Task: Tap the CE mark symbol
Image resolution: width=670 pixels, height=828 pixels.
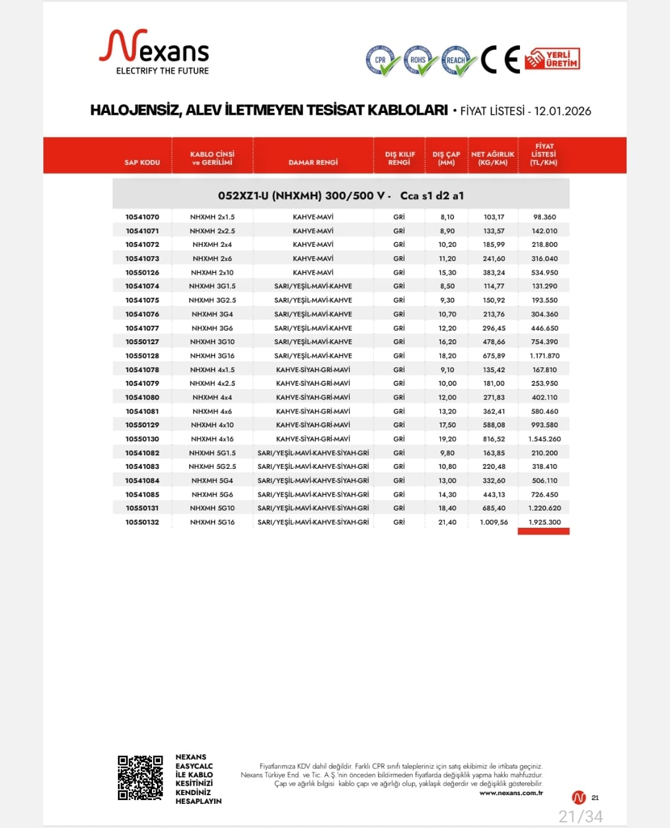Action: pos(500,60)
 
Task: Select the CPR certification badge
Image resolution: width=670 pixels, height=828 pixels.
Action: pos(382,61)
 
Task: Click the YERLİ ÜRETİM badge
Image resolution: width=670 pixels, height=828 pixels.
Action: pos(553,60)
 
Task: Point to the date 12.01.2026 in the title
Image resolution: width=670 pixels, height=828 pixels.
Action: pos(562,111)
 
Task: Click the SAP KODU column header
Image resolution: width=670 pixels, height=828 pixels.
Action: pos(142,162)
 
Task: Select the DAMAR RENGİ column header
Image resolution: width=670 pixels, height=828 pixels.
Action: pos(313,162)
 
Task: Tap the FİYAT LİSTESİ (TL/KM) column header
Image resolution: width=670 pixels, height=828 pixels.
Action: pos(543,154)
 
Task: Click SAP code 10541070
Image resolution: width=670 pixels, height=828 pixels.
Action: pos(142,217)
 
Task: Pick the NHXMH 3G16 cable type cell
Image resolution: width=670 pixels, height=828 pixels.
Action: pos(212,356)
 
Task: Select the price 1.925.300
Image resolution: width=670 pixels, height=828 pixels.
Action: pos(545,522)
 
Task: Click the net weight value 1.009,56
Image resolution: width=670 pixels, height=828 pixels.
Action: pos(494,522)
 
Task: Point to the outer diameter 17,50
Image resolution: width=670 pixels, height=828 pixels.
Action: pos(447,425)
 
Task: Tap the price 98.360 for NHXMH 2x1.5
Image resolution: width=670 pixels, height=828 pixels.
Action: pos(545,217)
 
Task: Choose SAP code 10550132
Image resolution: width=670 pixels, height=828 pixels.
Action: pos(142,522)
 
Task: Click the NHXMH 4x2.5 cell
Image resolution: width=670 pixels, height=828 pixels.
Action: pos(212,383)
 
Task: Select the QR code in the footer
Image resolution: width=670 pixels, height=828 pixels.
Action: pos(141,778)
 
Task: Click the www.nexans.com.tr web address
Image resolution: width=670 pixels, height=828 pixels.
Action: pos(511,793)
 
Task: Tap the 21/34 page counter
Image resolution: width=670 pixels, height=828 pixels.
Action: pos(580,816)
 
